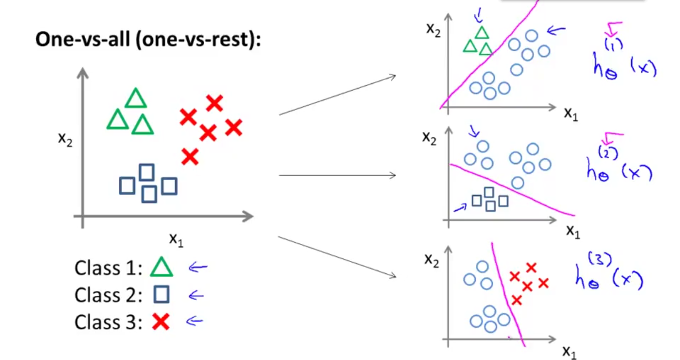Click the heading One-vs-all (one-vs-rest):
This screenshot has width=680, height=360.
tap(148, 39)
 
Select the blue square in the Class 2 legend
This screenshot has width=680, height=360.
tap(161, 295)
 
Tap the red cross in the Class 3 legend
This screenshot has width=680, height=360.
tap(161, 323)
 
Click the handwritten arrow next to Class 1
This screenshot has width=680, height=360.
tap(197, 268)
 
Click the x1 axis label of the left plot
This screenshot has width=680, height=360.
tap(176, 240)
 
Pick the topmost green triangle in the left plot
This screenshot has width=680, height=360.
tap(135, 99)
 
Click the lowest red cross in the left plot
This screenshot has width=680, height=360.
tap(190, 157)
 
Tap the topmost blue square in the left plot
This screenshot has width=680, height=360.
tap(146, 172)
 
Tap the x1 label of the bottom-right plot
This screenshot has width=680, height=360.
tap(569, 352)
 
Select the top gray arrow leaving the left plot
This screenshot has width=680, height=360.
tap(337, 95)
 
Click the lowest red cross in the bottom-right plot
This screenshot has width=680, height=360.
tap(516, 300)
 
